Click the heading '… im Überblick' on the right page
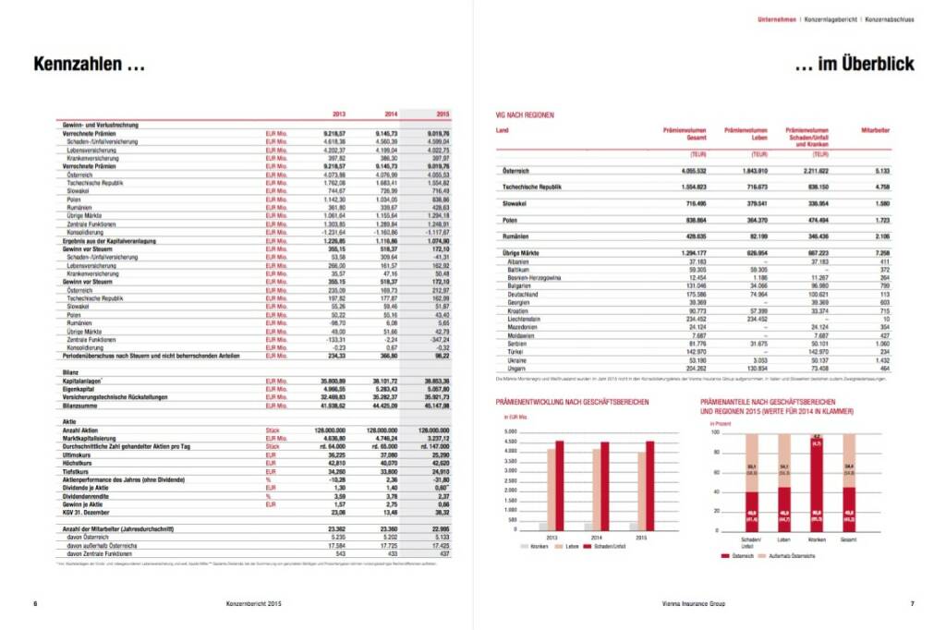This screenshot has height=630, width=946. [855, 65]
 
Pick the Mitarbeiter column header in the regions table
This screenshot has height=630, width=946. [874, 130]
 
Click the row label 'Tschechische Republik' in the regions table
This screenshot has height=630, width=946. [532, 188]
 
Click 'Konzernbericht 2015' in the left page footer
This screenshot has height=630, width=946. [253, 603]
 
